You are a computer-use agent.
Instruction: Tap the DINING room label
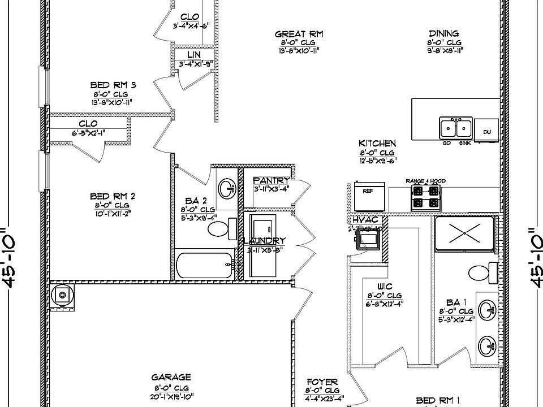(443, 34)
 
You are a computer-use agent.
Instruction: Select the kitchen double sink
(456, 128)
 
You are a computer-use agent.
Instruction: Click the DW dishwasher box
(486, 131)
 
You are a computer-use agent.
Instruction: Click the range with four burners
(425, 197)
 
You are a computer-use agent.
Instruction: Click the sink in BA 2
(227, 188)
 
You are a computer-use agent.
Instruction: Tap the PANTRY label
(271, 180)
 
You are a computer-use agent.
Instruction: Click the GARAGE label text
(171, 377)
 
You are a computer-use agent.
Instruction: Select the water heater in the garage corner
(62, 295)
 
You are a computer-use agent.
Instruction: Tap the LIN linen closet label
(194, 55)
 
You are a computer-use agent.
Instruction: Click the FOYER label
(322, 382)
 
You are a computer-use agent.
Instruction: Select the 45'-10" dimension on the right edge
(533, 257)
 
